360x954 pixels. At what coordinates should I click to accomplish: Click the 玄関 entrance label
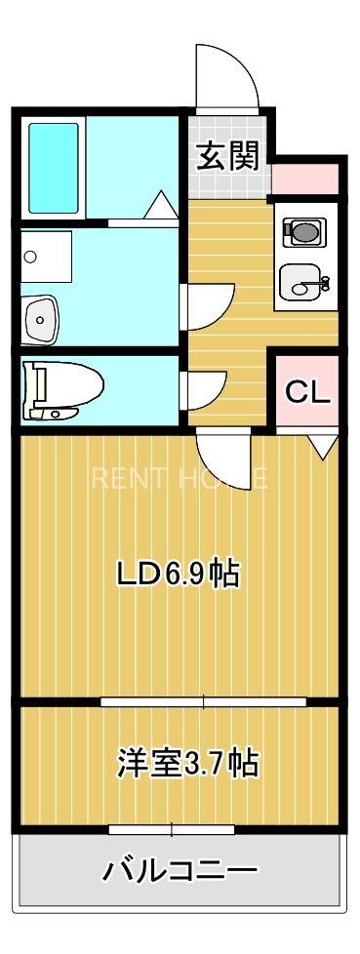228,156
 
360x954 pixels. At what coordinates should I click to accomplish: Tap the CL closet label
308,392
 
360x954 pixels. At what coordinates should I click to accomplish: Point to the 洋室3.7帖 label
188,762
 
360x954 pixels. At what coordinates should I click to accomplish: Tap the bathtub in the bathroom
53,167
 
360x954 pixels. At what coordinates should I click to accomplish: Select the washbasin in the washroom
41,316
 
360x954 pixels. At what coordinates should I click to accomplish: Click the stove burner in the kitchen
302,232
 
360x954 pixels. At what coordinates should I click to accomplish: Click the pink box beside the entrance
304,179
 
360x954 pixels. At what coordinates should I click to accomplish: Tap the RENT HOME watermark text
180,478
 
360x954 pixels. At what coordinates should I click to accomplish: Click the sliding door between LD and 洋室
203,701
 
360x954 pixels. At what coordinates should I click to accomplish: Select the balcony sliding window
172,830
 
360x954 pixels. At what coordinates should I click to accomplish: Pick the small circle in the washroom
30,257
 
